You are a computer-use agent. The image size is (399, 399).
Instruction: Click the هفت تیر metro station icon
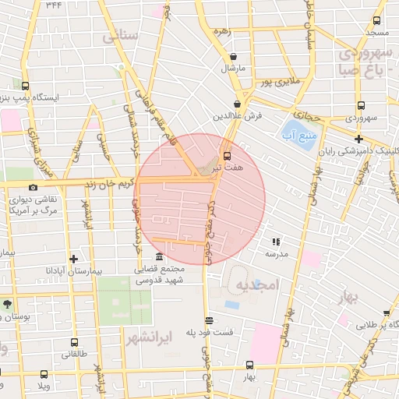pos(227,154)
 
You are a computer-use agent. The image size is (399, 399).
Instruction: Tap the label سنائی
pos(120,35)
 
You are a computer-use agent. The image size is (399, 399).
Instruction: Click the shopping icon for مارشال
pos(234,56)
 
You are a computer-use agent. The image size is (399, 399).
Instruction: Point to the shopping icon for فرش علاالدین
pos(237,104)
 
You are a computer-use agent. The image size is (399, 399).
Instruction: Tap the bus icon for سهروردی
pos(360,105)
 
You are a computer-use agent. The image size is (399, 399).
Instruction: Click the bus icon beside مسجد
pos(377,21)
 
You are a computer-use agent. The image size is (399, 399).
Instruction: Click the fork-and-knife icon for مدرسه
pos(276,242)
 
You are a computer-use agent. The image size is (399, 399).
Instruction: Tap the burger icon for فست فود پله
pos(208,320)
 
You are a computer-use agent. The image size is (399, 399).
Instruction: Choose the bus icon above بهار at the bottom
pos(249,365)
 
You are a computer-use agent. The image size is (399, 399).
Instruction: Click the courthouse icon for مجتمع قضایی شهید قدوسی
pos(159,257)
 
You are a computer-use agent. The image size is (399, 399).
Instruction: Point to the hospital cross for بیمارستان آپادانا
pos(74,259)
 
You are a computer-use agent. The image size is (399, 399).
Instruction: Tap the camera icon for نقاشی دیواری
pos(33,187)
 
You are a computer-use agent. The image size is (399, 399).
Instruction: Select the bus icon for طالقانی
pos(74,342)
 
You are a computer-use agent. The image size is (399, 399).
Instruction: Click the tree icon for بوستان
pos(7,305)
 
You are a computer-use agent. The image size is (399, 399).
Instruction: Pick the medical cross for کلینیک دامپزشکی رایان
pos(357,139)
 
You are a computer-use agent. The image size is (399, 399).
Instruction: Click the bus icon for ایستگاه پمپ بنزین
pos(25,87)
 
